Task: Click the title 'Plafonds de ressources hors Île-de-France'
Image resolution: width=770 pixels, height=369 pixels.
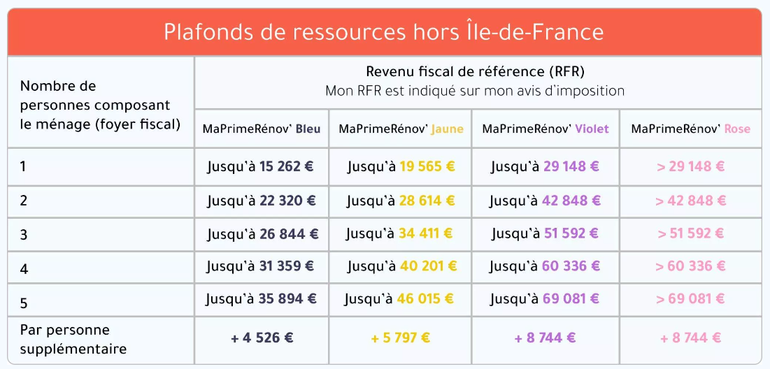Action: [384, 32]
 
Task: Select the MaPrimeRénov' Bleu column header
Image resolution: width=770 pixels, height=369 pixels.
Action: [262, 129]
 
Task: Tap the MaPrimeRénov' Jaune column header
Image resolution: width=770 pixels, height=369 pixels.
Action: [401, 129]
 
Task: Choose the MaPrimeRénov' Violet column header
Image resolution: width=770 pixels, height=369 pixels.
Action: [546, 129]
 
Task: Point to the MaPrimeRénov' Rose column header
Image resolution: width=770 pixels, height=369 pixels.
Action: [690, 129]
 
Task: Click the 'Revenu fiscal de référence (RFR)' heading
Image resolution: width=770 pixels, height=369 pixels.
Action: [475, 71]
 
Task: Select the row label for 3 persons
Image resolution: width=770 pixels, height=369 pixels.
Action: [24, 235]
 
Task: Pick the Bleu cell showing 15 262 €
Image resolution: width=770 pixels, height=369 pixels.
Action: [261, 167]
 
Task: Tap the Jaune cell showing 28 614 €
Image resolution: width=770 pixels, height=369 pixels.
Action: [401, 201]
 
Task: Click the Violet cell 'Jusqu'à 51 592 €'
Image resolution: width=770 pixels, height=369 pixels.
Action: [545, 233]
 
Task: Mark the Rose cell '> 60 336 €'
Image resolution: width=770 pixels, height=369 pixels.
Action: [690, 266]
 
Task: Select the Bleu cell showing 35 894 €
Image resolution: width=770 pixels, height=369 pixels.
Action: [261, 299]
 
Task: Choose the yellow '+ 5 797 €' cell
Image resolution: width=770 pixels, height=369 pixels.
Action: [401, 338]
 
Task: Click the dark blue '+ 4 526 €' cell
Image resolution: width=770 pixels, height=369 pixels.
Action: [262, 338]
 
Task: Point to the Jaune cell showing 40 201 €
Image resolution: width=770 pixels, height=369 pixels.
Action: [401, 266]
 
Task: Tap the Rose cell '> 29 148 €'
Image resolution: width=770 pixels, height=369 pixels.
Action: [690, 167]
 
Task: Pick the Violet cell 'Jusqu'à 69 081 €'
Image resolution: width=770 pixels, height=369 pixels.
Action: [545, 299]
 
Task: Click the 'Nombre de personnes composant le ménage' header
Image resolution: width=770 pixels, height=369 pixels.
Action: [100, 106]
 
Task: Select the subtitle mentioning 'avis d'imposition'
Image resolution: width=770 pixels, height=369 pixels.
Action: [475, 91]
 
